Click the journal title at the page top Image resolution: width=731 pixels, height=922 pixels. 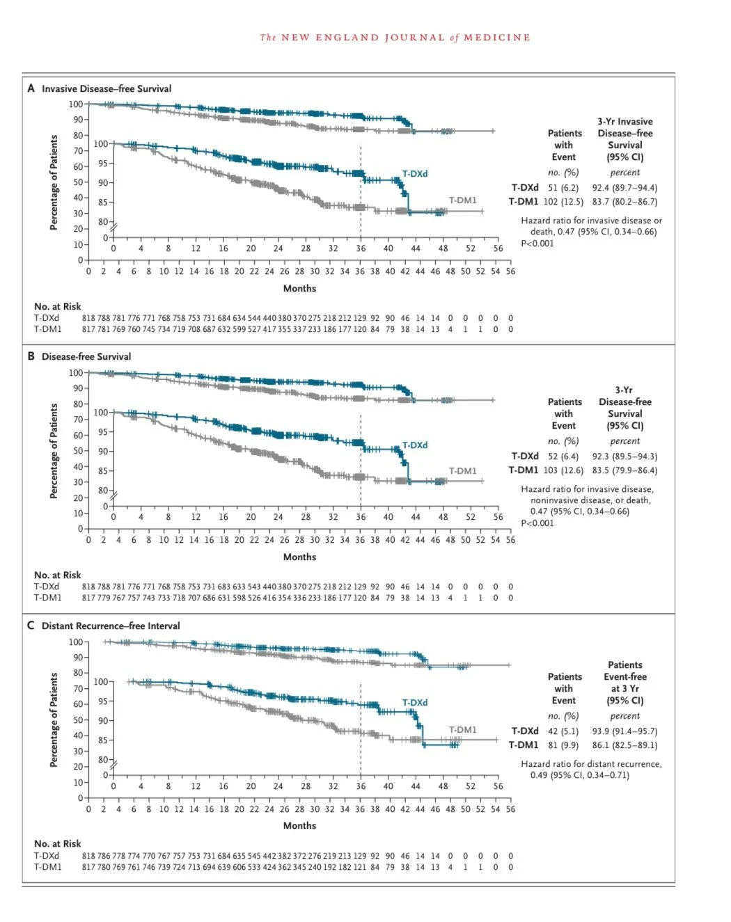point(395,38)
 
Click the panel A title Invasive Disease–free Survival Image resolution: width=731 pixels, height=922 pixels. point(106,88)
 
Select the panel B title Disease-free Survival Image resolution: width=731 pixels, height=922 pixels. point(86,356)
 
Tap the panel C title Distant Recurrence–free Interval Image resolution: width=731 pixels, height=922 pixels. point(110,626)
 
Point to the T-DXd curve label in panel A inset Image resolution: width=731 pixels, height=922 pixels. point(415,174)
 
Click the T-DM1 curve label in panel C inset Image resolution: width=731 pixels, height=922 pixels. point(462,730)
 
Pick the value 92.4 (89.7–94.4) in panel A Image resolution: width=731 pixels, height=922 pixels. point(624,188)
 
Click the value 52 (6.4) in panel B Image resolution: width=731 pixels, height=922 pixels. point(563,456)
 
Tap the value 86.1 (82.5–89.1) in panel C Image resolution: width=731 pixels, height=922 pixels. point(624,745)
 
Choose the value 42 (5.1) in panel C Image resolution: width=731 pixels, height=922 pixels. point(563,731)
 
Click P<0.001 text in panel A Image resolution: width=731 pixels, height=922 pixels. point(537,244)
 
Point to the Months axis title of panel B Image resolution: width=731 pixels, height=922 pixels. point(299,557)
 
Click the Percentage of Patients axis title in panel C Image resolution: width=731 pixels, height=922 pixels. point(54,720)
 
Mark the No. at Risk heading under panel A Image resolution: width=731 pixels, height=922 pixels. point(57,306)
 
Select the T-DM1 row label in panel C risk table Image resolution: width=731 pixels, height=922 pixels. point(47,867)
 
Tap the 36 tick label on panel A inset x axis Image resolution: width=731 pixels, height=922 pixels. point(361,248)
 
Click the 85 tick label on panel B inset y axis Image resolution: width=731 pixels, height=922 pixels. point(103,471)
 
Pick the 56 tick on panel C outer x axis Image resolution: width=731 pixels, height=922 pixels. point(510,809)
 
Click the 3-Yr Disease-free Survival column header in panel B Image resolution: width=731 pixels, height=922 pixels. point(624,408)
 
